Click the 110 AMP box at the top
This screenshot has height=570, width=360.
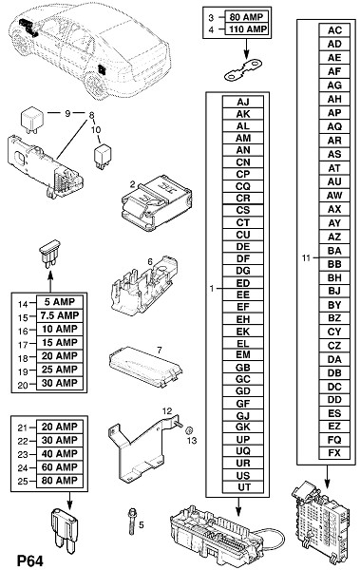click(247, 29)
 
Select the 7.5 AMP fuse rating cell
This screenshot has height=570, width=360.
click(60, 315)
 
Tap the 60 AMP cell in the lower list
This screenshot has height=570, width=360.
click(60, 467)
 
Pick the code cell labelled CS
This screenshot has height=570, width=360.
click(243, 211)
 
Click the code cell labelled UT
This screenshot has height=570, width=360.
click(243, 487)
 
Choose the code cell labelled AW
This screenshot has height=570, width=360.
click(334, 195)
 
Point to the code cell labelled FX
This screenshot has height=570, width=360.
click(334, 453)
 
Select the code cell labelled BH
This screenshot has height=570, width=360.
click(334, 277)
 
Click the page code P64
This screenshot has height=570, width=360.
click(29, 560)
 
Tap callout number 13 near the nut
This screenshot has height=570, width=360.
click(192, 441)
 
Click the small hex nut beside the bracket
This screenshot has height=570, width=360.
click(189, 430)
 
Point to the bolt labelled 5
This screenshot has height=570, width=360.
click(131, 522)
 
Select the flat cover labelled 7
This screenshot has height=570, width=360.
click(145, 367)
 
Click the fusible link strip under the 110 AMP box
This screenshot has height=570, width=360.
click(243, 70)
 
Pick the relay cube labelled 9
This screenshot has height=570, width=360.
click(31, 118)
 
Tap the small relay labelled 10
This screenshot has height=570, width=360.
click(103, 157)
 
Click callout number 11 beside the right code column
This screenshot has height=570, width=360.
click(306, 257)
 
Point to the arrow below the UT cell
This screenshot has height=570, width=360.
click(238, 506)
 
